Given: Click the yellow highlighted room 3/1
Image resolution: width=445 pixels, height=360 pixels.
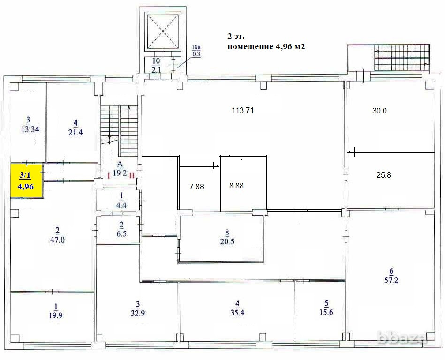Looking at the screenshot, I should tap(27, 180).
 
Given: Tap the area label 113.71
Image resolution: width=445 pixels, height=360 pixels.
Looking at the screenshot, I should tap(242, 111).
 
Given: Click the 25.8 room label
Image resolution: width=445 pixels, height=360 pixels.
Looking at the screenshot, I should tap(384, 175).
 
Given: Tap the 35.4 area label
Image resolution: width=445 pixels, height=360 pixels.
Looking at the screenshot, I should tap(237, 308).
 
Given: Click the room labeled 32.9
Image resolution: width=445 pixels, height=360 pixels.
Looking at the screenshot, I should tap(138, 309).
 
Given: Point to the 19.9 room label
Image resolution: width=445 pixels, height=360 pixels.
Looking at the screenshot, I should tap(55, 311).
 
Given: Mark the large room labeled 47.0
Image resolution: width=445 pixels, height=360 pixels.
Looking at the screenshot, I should tap(57, 234).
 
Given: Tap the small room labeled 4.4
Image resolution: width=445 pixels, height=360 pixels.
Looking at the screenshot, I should tap(121, 200).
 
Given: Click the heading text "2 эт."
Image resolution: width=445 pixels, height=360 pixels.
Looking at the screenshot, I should tap(236, 37).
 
